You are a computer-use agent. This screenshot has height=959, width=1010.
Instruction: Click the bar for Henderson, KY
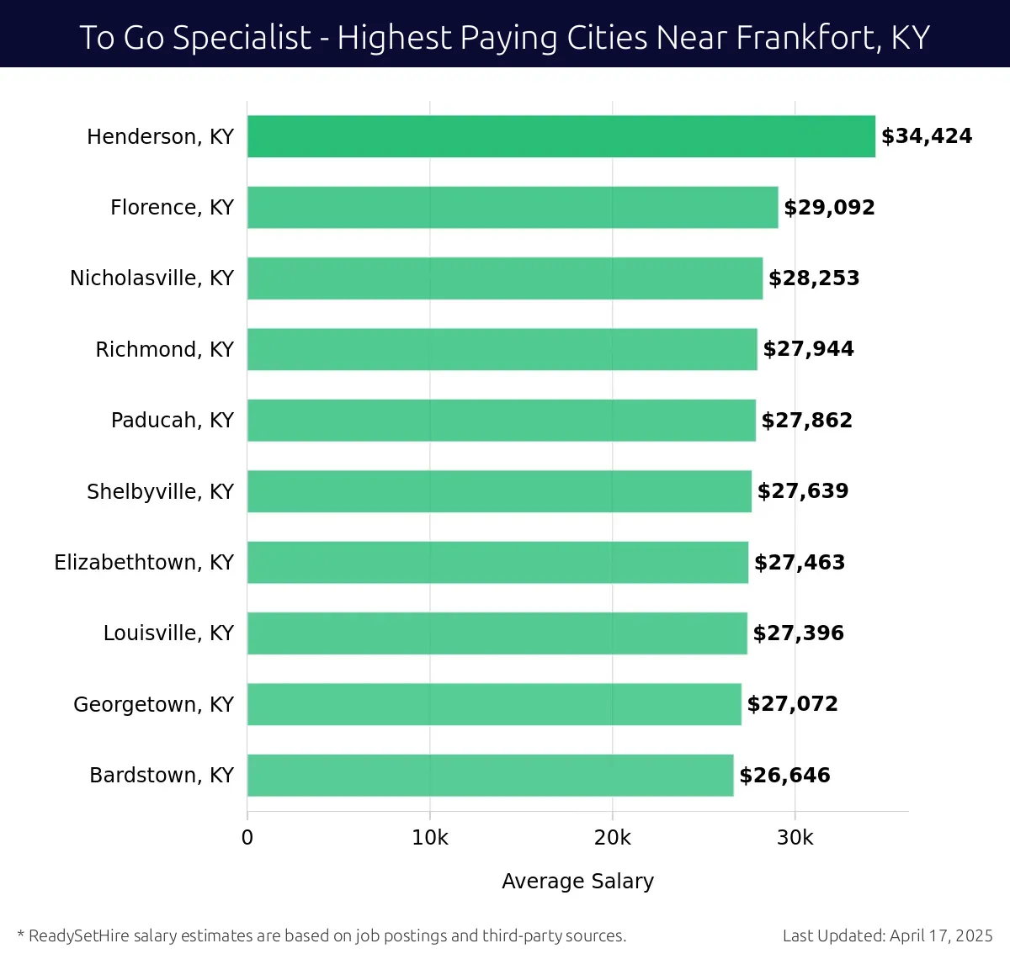point(561,136)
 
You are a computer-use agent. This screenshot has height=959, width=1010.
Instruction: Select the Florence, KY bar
point(513,207)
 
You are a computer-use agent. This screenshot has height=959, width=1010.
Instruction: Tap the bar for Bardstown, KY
point(490,775)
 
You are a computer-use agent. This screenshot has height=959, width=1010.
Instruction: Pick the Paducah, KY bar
point(501,420)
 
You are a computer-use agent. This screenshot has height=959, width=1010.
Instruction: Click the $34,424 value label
point(926,136)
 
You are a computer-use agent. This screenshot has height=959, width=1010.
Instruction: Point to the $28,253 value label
point(814,278)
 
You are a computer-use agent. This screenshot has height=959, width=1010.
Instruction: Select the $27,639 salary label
point(803,491)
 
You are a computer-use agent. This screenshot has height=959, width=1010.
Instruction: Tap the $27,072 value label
point(792,704)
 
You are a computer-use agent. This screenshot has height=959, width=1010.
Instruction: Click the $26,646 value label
point(784,775)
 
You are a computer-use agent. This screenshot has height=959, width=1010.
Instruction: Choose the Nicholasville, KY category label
point(151,278)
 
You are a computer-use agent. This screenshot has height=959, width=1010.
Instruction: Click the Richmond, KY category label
point(164,349)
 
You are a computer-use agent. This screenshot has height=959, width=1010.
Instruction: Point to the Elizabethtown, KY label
point(144,562)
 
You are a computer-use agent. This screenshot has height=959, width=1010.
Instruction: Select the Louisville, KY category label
point(168,633)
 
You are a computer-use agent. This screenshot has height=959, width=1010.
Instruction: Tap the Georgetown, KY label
point(153,704)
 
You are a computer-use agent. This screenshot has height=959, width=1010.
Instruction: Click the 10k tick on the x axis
point(430,838)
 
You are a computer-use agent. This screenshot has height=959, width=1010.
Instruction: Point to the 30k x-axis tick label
point(795,838)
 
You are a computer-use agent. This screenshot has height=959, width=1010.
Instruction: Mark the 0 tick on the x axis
point(247,838)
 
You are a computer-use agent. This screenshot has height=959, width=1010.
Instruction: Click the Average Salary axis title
point(577,881)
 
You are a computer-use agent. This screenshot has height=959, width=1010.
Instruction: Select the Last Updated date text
point(887,935)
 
